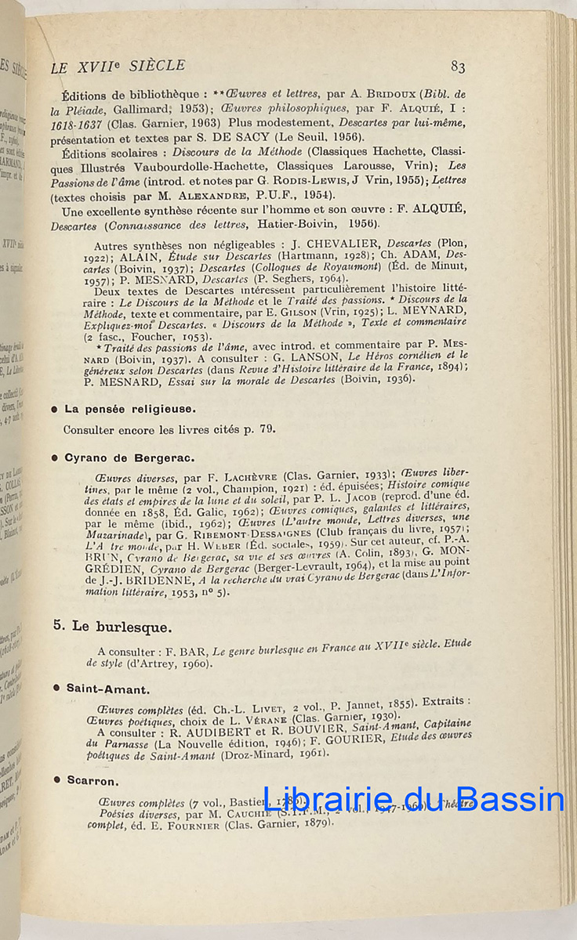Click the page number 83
[458, 67]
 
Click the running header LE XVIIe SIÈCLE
[118, 67]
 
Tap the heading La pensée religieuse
[130, 409]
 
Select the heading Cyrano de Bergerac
[129, 457]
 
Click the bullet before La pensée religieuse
[54, 410]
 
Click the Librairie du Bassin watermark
[414, 799]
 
